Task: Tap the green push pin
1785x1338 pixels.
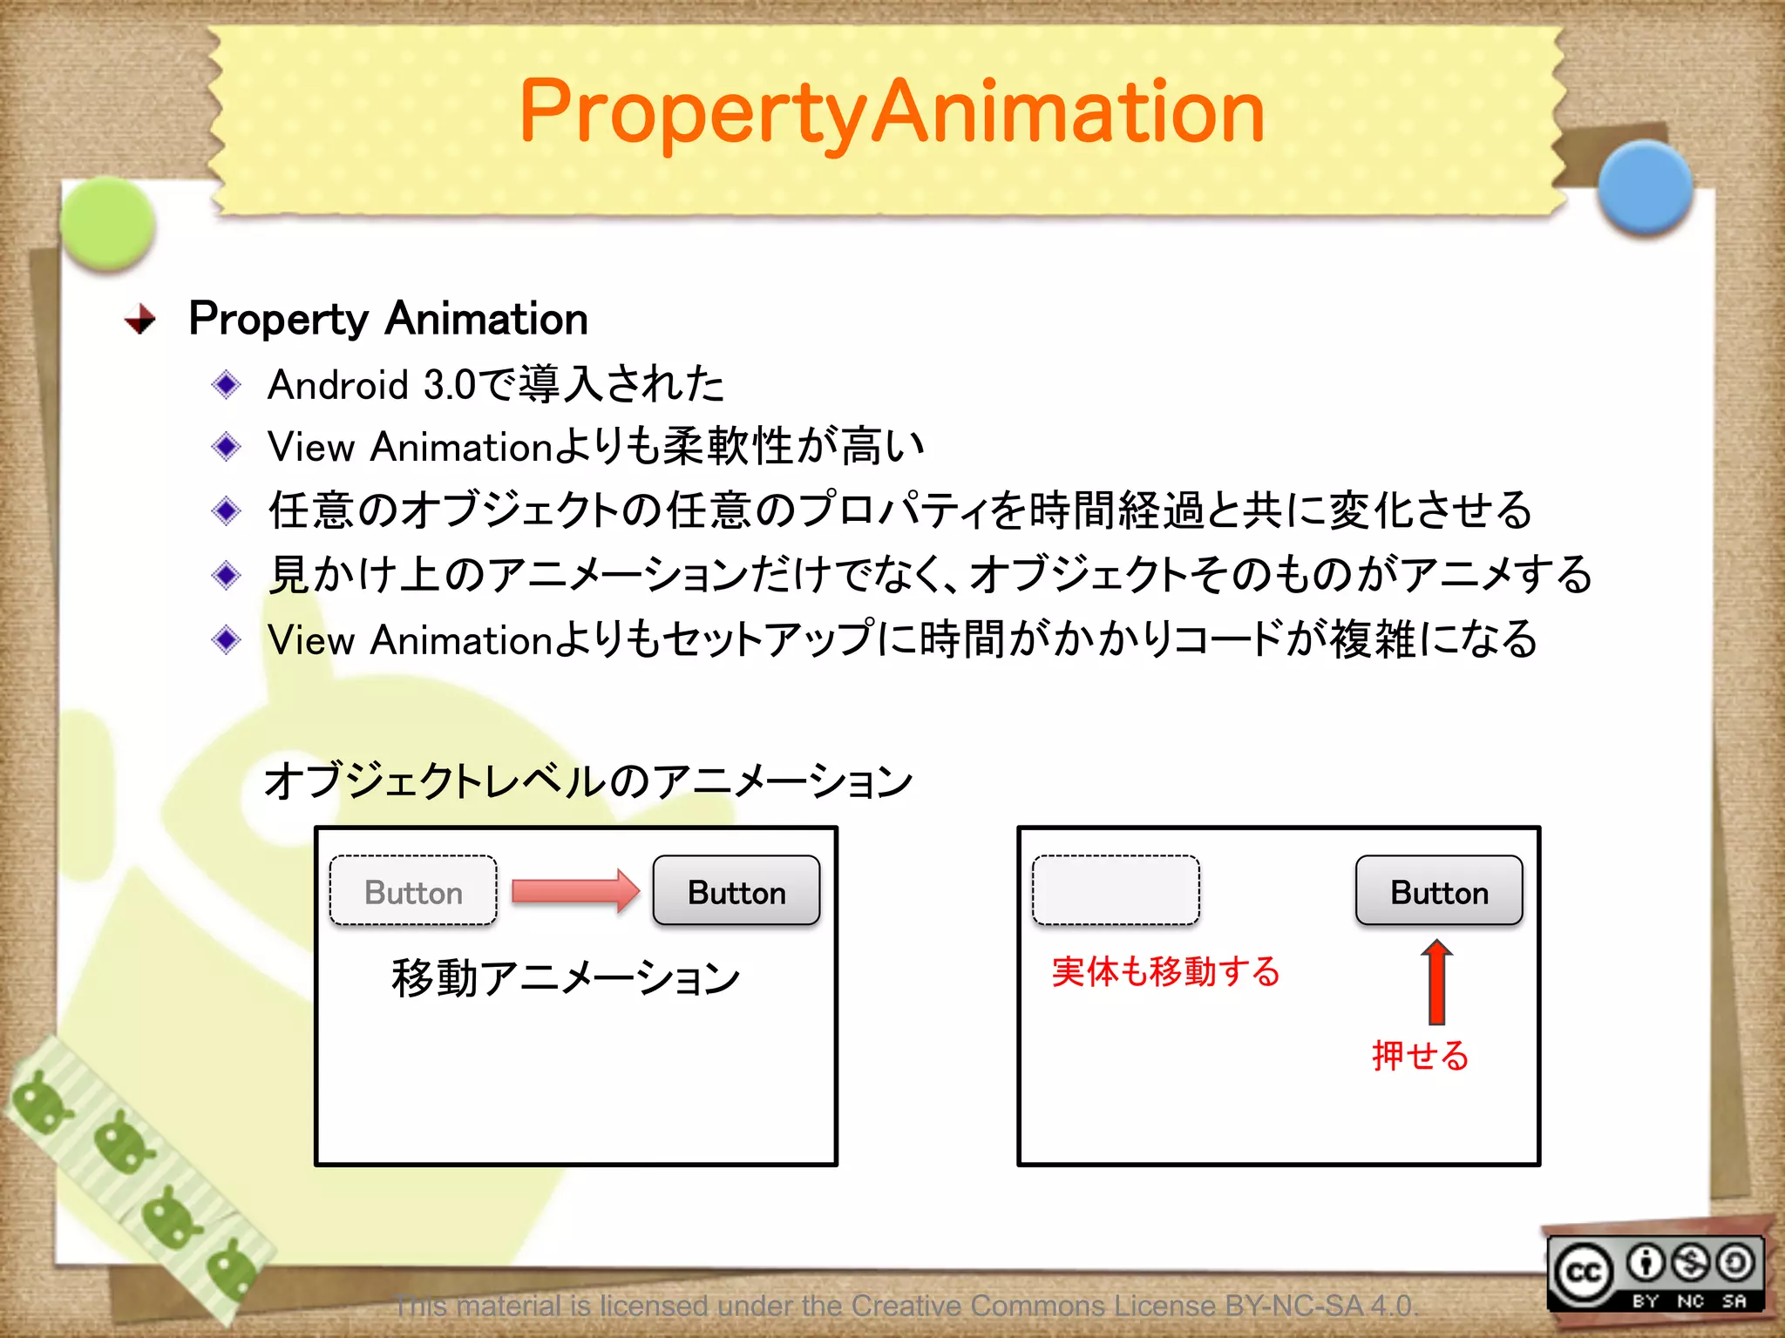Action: click(x=108, y=223)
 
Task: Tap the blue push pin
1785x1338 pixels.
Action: click(x=1645, y=186)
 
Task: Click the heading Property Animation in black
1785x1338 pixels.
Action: click(x=388, y=319)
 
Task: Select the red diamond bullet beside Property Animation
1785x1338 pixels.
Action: click(x=139, y=320)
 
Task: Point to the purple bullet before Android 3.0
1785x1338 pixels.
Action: click(x=227, y=384)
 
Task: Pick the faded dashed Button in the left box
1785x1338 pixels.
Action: click(x=413, y=891)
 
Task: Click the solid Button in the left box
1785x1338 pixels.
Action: click(x=736, y=891)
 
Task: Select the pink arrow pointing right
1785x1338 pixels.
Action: click(x=575, y=890)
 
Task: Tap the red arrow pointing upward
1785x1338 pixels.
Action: click(x=1436, y=982)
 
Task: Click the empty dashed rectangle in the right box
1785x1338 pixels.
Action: click(x=1116, y=890)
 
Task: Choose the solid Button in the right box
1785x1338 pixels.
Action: click(x=1439, y=891)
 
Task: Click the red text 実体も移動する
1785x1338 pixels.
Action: click(x=1165, y=971)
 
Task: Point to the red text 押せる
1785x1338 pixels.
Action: click(x=1420, y=1056)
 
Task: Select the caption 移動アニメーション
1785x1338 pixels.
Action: click(x=566, y=977)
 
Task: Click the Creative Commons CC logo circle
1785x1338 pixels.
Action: click(x=1583, y=1274)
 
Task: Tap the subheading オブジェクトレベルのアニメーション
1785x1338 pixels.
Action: click(x=588, y=780)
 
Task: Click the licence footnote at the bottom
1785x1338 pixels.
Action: click(x=906, y=1306)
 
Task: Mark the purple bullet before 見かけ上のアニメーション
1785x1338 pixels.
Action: click(x=227, y=575)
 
